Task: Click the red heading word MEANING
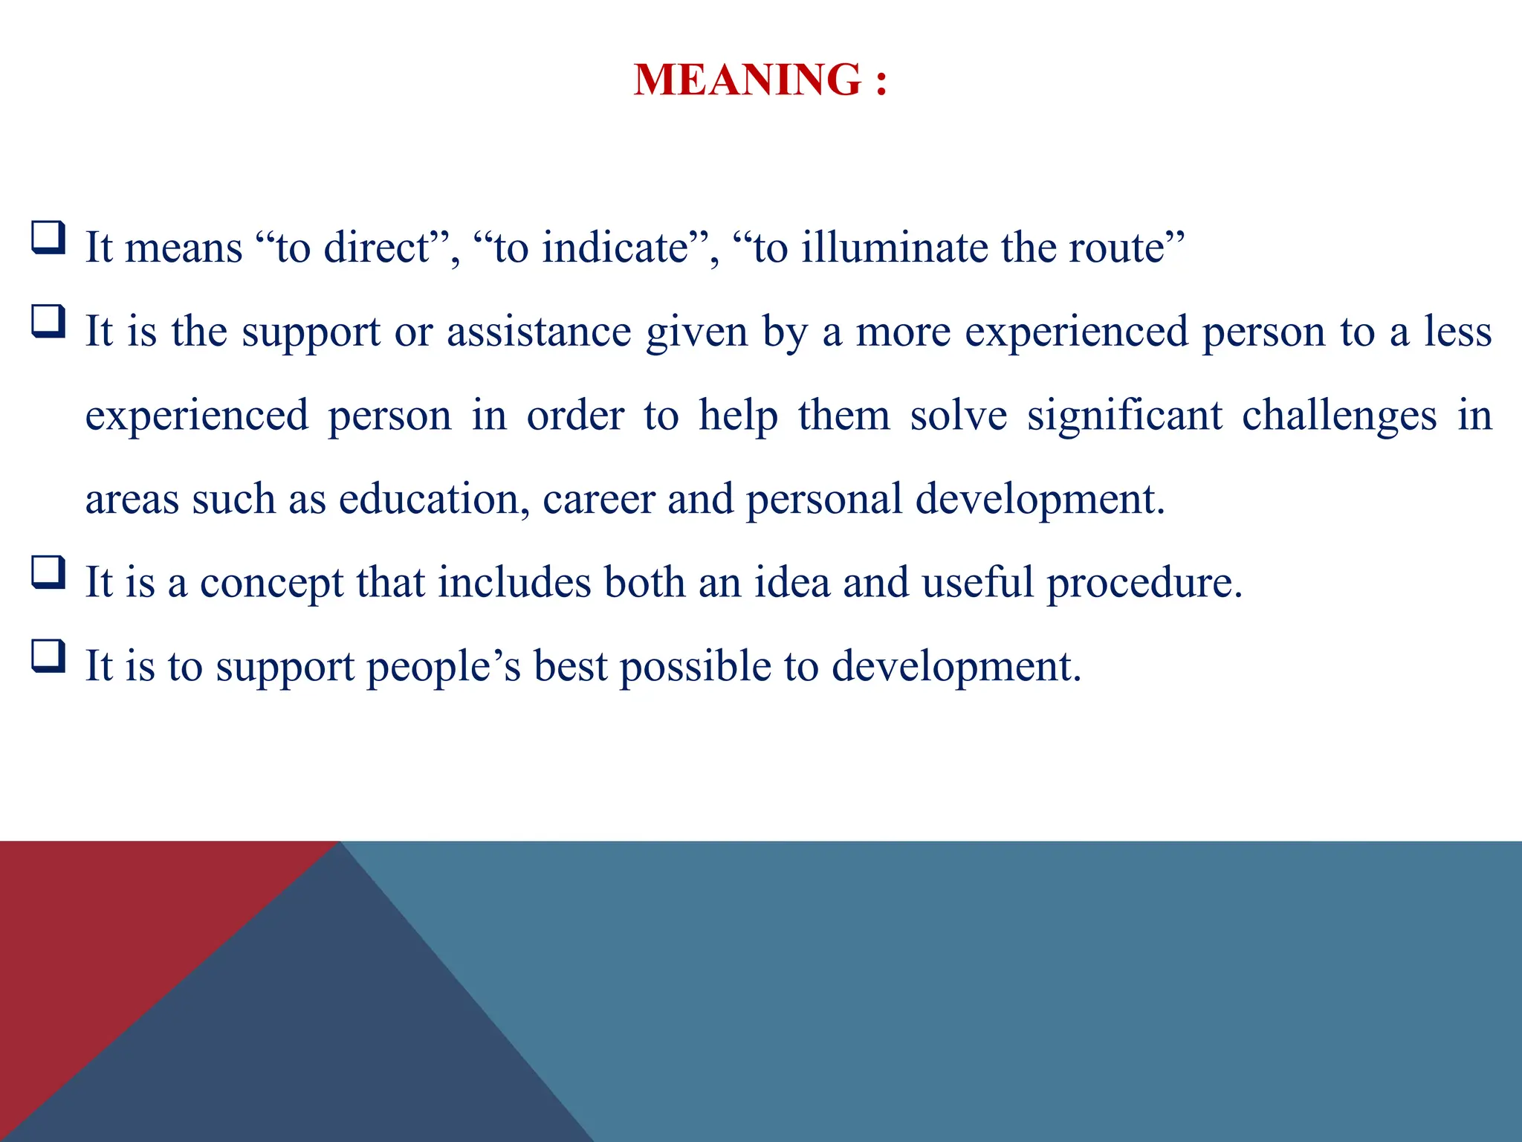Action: tap(746, 80)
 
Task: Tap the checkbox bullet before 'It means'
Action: tap(48, 238)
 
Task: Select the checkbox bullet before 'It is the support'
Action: tap(48, 322)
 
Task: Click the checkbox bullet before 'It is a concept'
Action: tap(48, 573)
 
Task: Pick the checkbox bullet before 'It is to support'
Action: tap(48, 657)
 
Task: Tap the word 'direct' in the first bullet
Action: tap(376, 248)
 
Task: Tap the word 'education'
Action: tap(429, 499)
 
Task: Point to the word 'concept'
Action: tap(271, 583)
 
